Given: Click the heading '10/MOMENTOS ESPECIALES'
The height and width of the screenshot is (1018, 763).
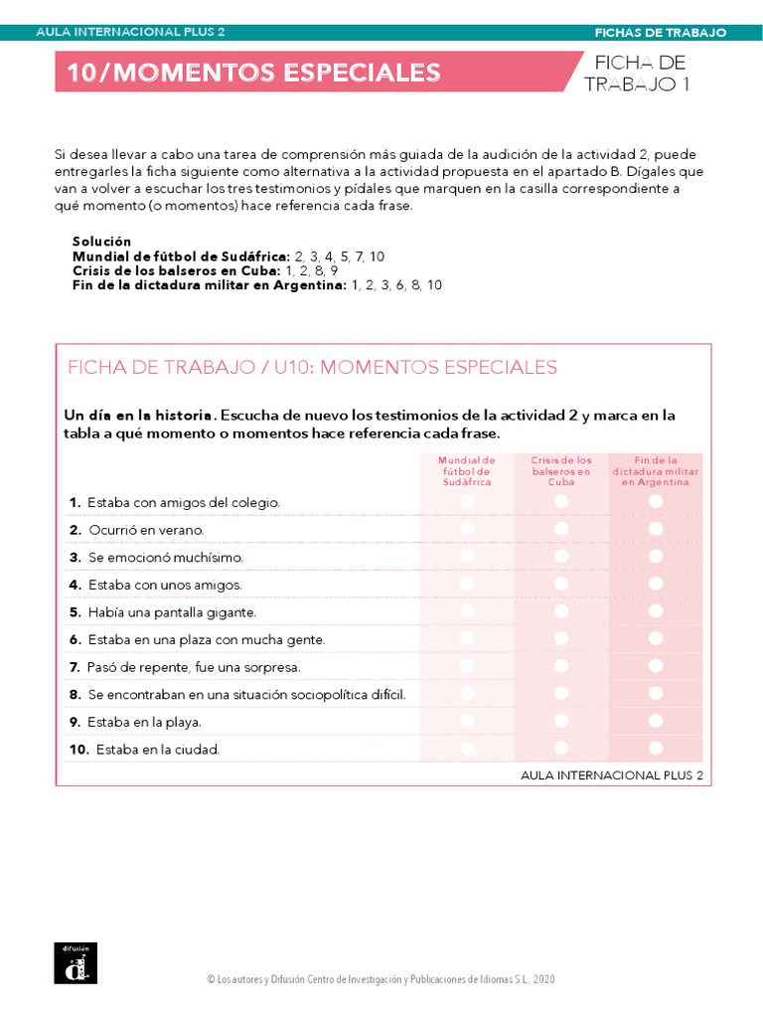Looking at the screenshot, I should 253,73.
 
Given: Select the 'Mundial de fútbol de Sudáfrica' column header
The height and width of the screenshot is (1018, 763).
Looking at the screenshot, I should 467,471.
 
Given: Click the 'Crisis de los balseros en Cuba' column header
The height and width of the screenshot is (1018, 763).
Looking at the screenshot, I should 561,471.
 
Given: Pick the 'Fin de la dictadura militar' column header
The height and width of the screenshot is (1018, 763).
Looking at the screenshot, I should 656,471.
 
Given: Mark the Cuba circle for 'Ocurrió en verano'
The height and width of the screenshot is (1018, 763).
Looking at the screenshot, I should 561,530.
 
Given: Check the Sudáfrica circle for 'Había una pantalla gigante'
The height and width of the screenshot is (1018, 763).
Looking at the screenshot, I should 467,611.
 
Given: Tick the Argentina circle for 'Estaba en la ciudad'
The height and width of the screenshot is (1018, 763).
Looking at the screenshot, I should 656,748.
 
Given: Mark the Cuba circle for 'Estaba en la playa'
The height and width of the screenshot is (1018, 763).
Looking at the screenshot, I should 561,721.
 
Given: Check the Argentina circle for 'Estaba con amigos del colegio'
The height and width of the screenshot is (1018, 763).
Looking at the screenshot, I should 656,502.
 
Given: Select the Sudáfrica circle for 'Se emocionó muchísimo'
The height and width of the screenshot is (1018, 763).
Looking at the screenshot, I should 467,557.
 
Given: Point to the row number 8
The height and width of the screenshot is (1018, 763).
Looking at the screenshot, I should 75,694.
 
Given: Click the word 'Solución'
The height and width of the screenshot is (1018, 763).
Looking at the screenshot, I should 101,242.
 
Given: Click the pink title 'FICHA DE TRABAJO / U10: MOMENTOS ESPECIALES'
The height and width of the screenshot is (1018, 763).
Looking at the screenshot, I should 312,368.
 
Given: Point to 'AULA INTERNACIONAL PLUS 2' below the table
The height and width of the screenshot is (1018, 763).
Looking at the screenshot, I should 611,774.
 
